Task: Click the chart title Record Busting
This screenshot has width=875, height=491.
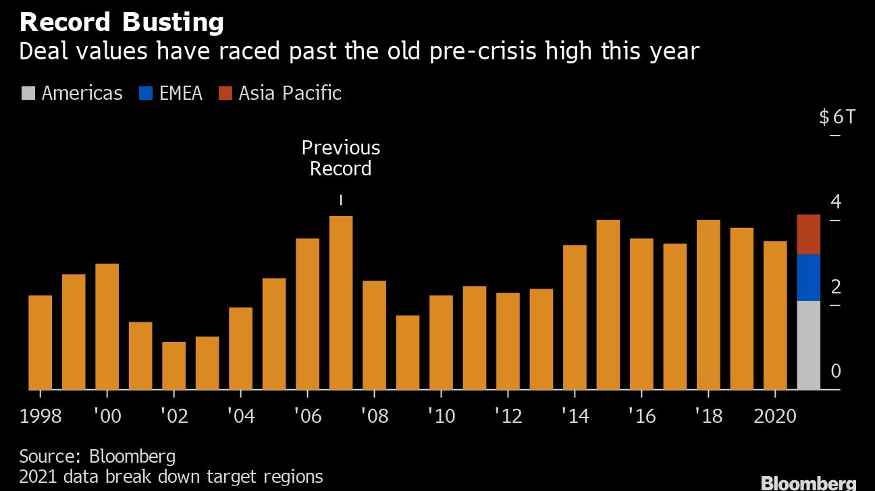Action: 122,23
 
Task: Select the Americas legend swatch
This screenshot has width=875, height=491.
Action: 27,92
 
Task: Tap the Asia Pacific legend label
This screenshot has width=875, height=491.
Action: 290,92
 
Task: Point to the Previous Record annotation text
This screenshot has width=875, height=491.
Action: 340,158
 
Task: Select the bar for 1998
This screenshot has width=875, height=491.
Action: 40,342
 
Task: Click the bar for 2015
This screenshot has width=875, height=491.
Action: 608,304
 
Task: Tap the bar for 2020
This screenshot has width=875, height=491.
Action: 775,315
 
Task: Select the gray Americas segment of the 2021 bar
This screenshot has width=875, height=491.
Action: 808,345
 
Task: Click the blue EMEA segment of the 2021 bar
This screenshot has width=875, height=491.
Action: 808,277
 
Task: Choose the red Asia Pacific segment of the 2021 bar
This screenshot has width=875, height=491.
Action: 808,234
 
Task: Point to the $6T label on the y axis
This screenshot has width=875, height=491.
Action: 837,117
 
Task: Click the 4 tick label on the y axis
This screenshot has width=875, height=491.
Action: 836,202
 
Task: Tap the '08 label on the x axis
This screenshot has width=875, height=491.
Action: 374,415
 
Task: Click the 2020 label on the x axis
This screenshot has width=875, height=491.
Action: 775,415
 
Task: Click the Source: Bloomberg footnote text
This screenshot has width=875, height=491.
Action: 97,456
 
